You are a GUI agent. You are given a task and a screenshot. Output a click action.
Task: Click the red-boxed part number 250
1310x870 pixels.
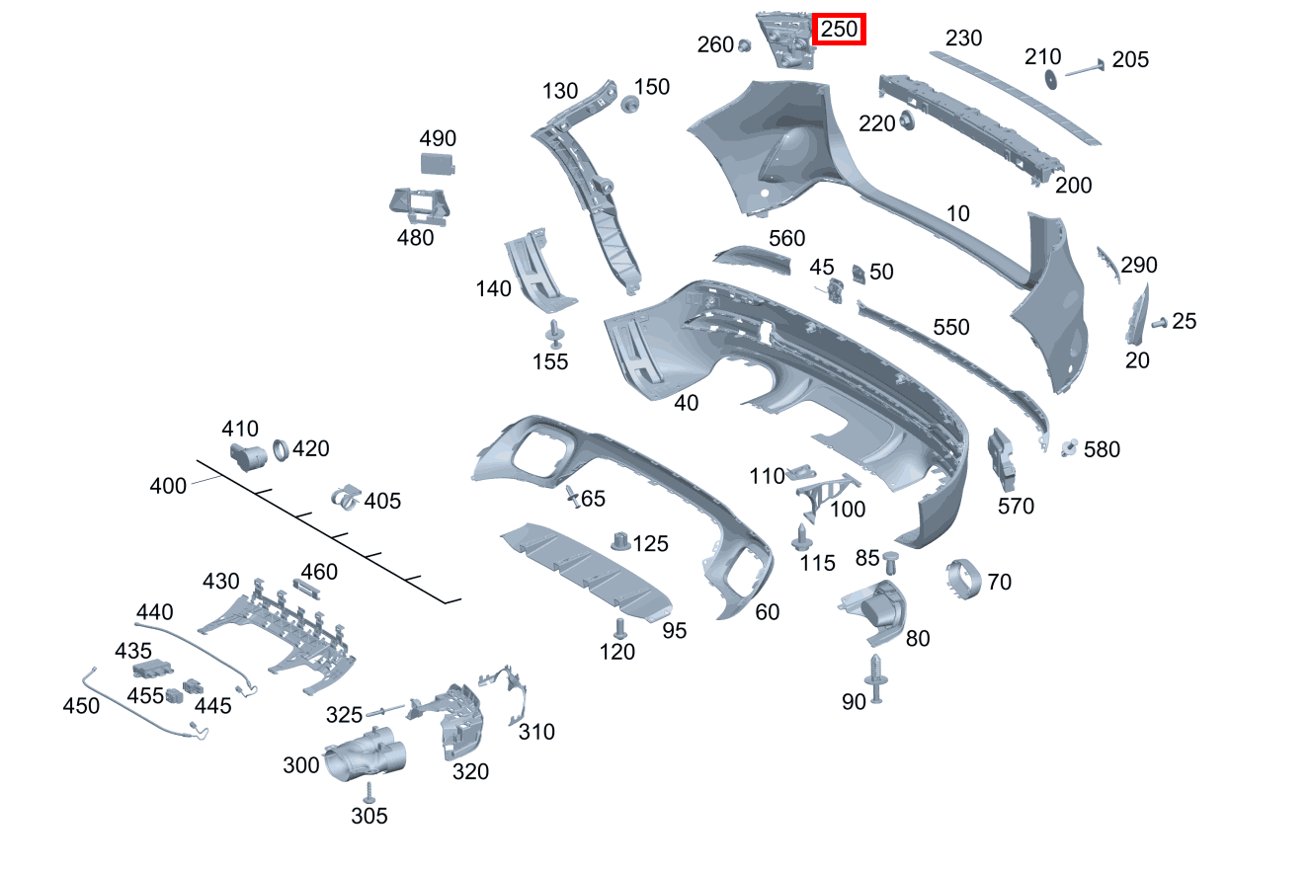tap(839, 30)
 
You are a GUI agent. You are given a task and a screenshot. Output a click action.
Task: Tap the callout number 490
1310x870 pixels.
tap(438, 138)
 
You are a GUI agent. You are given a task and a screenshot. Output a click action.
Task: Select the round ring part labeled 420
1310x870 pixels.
tap(281, 450)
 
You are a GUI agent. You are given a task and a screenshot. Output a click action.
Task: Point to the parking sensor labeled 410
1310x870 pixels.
tap(247, 457)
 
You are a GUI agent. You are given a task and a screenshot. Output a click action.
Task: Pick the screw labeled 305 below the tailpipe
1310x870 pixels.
tap(368, 792)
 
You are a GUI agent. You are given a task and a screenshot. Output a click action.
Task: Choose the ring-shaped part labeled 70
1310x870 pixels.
tap(962, 580)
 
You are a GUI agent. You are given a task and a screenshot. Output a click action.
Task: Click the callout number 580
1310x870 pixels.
tap(1102, 450)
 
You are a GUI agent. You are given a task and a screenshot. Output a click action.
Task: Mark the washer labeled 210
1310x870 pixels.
tap(1050, 80)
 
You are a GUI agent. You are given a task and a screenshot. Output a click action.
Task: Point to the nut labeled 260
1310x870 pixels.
tap(745, 45)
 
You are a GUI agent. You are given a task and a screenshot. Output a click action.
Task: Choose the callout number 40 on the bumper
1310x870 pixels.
tap(686, 402)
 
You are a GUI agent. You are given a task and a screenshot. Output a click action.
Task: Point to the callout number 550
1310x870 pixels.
tap(951, 327)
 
